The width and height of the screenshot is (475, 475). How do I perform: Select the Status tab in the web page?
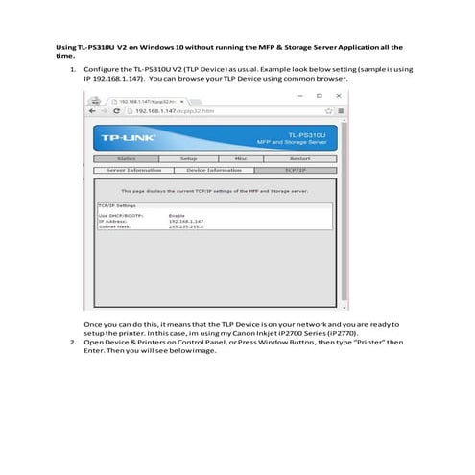click(126, 158)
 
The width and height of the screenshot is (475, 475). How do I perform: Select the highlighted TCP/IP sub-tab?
click(295, 170)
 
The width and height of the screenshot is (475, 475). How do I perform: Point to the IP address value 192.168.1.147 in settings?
click(188, 221)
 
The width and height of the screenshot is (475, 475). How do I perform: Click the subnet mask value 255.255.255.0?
click(188, 226)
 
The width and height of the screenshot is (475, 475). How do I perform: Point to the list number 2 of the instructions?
click(73, 341)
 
